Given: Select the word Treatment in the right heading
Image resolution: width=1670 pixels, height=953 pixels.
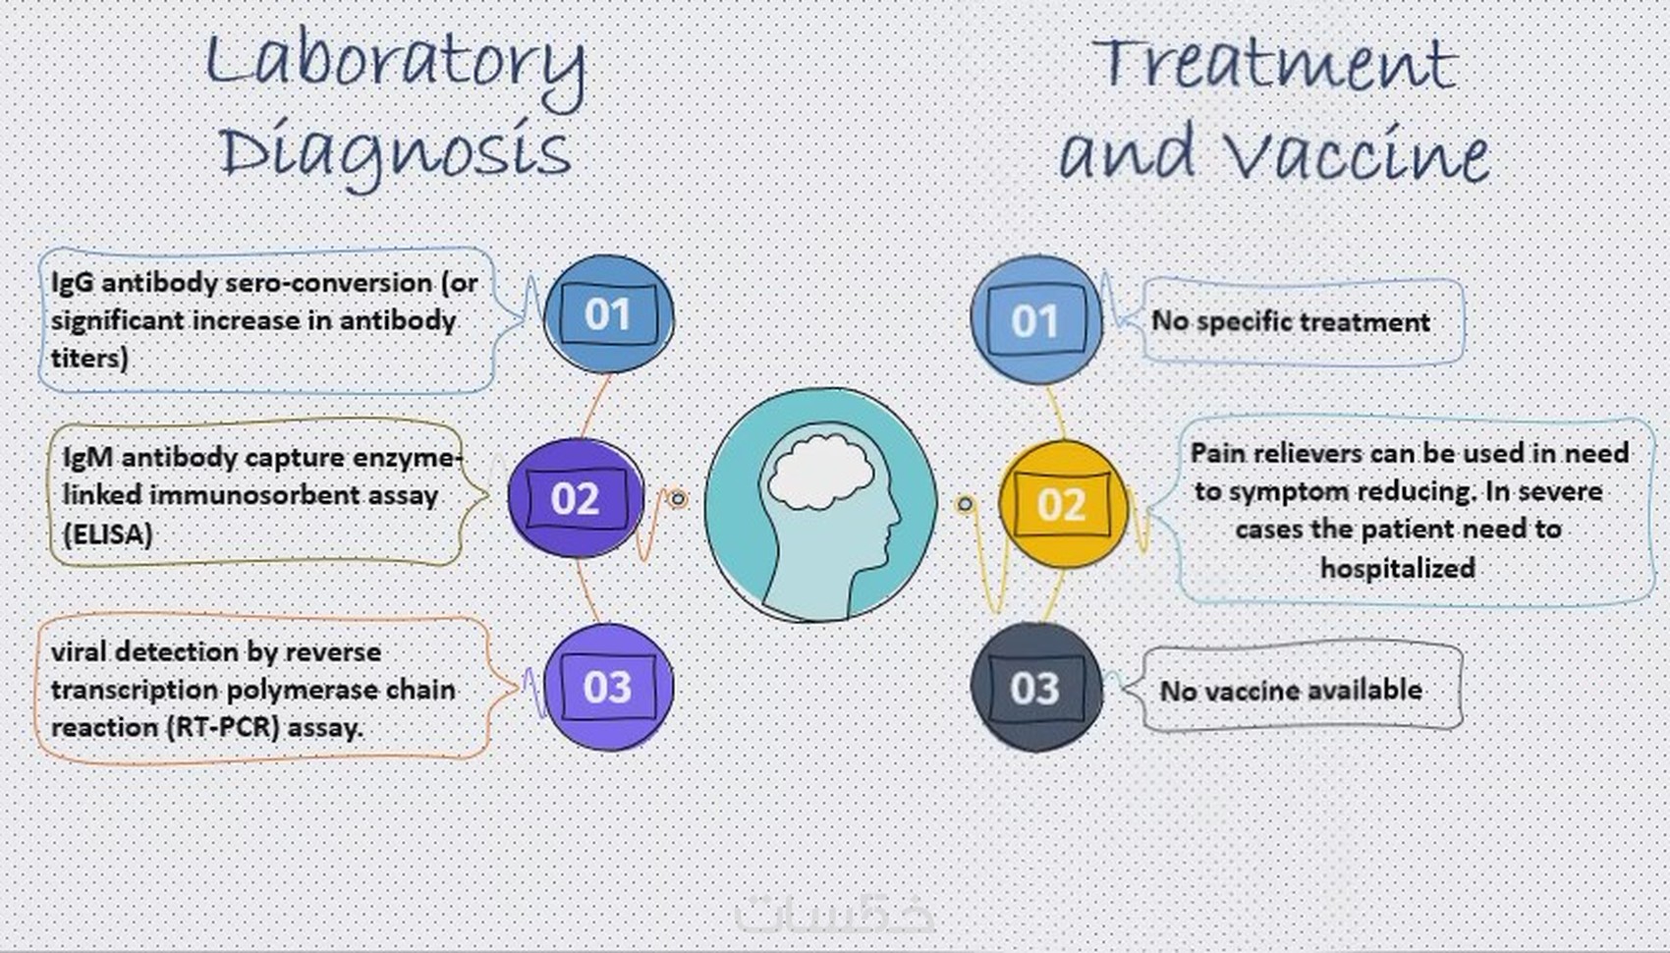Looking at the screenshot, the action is click(1275, 64).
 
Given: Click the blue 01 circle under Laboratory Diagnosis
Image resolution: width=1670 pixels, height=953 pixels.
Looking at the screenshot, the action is click(608, 314).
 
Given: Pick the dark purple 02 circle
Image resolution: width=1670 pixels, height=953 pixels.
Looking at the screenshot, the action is click(575, 497).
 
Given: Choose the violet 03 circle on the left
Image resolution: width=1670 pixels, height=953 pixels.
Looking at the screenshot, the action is click(608, 687).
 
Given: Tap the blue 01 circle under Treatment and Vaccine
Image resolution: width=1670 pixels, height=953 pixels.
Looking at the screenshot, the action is click(1035, 319).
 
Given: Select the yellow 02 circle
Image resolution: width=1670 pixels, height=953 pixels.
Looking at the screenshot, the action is click(1062, 504).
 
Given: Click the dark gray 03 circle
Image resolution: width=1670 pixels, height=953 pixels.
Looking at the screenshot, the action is click(1035, 687).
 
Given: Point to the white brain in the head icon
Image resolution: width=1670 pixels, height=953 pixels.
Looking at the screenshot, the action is click(820, 474).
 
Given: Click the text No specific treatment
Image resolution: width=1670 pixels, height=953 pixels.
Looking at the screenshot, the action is click(1291, 321).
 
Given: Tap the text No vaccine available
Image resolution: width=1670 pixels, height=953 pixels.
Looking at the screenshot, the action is click(1291, 691).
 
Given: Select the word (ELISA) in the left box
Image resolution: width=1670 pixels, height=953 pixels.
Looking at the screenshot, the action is click(108, 533).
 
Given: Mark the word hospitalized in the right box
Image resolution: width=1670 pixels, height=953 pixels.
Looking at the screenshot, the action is click(1398, 568).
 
